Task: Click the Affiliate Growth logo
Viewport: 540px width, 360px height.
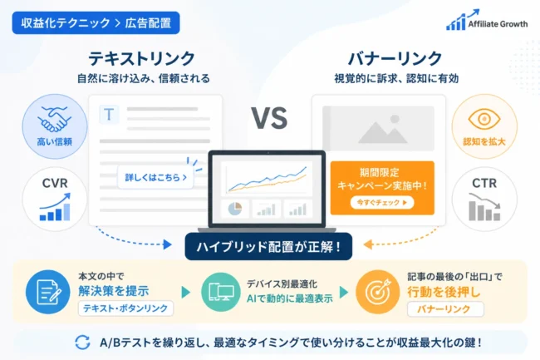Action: click(487, 20)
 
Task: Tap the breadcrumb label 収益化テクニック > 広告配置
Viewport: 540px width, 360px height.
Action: click(96, 22)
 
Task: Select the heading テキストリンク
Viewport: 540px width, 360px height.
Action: click(141, 58)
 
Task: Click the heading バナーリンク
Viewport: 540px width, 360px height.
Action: click(395, 58)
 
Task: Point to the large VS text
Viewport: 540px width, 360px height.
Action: click(269, 118)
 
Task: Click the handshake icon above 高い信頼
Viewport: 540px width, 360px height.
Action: click(54, 119)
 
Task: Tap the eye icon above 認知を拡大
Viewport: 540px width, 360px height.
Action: click(484, 119)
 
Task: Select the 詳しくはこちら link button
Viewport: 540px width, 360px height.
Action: click(155, 177)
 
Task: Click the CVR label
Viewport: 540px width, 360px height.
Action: click(55, 183)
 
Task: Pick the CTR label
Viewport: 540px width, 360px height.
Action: click(484, 183)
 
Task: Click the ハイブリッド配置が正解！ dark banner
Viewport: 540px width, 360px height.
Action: click(268, 246)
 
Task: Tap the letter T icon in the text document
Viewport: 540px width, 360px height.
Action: click(109, 115)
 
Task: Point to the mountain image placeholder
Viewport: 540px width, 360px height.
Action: click(378, 128)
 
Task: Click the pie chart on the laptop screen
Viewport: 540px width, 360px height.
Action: click(235, 209)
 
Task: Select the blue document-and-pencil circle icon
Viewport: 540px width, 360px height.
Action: click(48, 292)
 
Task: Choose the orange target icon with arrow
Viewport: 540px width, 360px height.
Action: click(378, 292)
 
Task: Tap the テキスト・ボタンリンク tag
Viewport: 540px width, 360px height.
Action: click(125, 308)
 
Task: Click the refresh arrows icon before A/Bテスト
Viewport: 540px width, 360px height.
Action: click(82, 343)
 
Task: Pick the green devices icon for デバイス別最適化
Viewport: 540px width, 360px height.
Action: click(221, 292)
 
